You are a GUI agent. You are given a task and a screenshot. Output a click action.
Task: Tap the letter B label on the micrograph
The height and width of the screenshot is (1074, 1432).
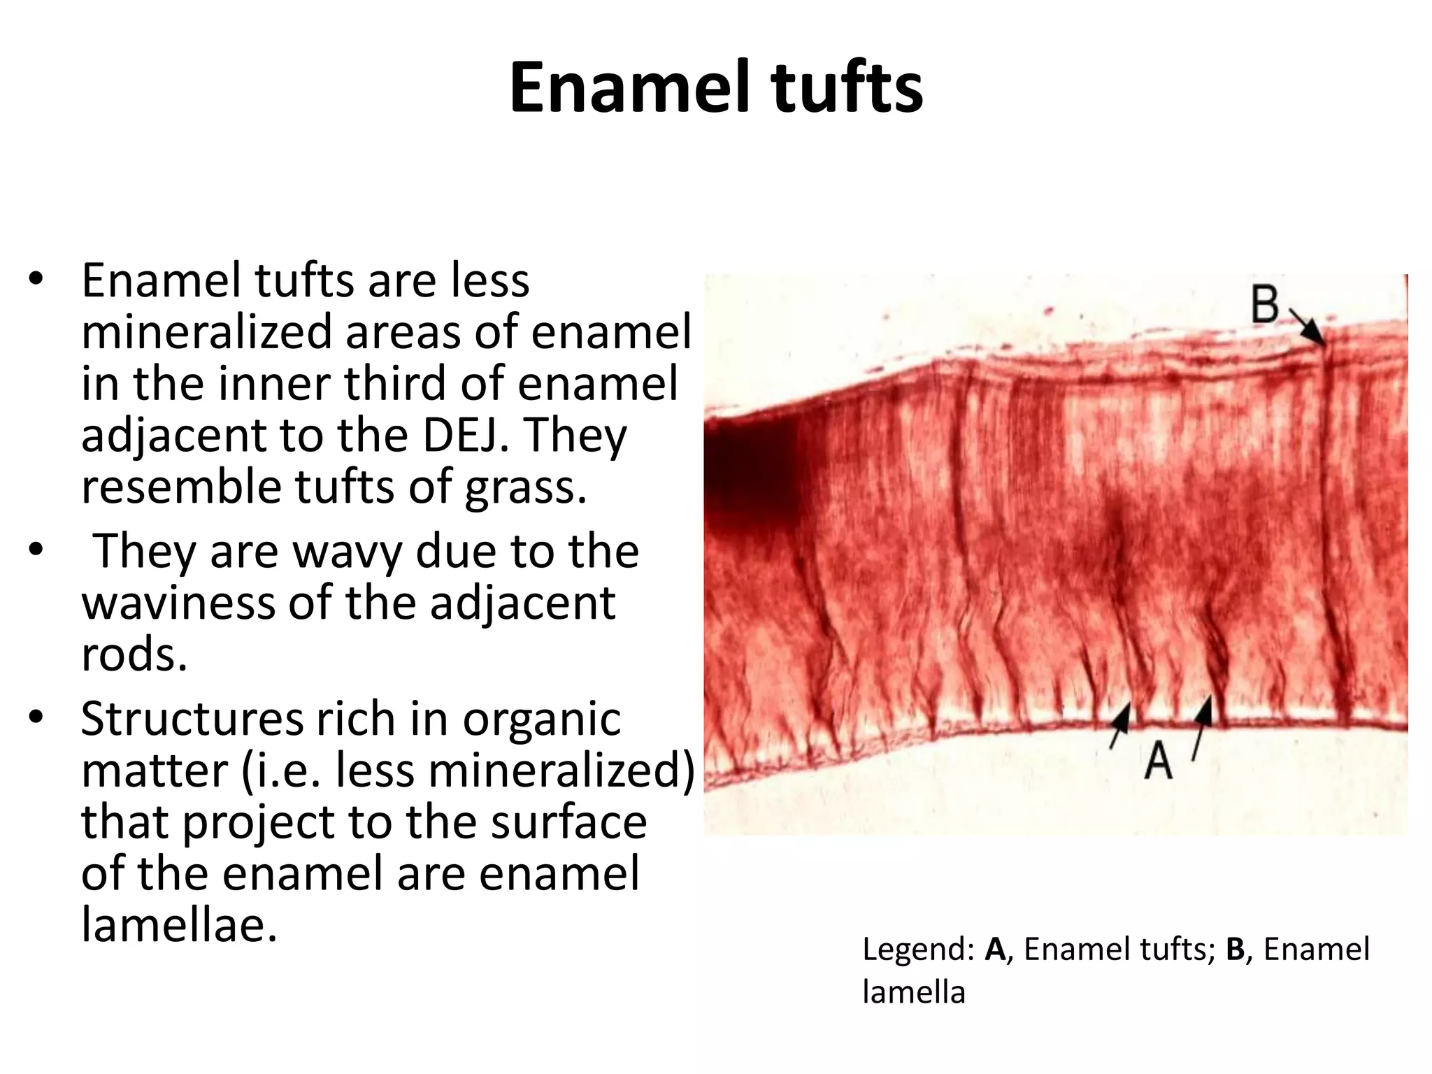click(1266, 305)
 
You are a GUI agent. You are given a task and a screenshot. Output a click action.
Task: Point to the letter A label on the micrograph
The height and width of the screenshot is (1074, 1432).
click(1158, 760)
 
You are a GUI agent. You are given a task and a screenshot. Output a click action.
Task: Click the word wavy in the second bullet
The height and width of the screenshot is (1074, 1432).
click(348, 551)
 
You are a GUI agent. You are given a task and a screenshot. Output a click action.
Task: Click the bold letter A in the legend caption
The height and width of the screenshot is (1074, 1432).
click(995, 950)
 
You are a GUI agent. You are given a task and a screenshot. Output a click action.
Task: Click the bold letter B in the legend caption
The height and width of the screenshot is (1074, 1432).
click(1236, 950)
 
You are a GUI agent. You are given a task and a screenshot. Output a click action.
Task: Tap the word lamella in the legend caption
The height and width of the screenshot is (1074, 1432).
click(914, 991)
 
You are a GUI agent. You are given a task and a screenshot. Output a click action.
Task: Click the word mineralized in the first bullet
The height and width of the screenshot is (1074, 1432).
click(207, 331)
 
